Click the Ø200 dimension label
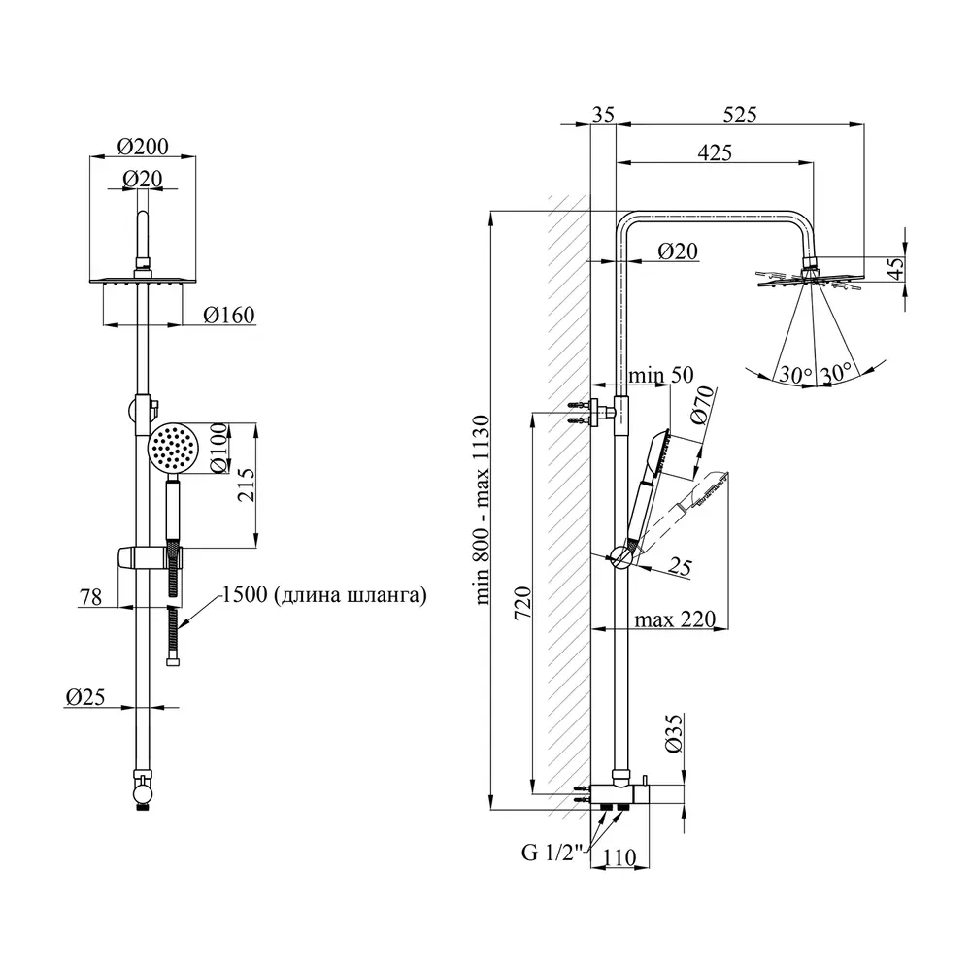(143, 146)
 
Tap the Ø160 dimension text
(230, 315)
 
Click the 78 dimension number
(90, 597)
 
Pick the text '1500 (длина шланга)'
(323, 595)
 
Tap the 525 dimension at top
(740, 115)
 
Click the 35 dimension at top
(603, 115)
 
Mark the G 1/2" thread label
(551, 854)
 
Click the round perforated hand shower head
(174, 448)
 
